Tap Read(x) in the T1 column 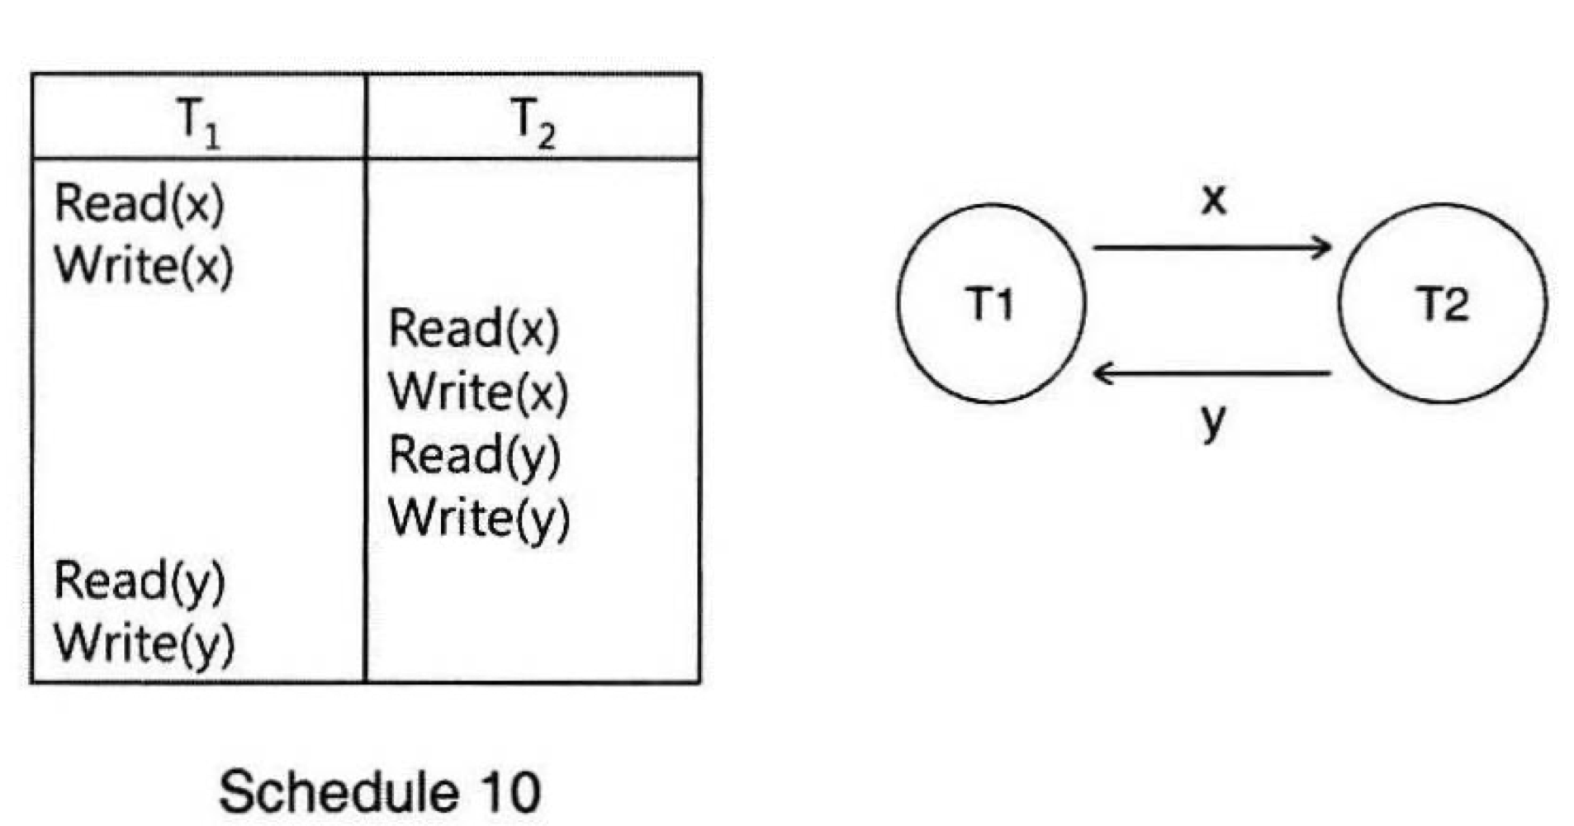(139, 203)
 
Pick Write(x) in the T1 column (144, 266)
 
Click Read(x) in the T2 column (474, 329)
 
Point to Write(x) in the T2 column (478, 392)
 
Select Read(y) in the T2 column (474, 455)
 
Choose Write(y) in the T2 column (479, 518)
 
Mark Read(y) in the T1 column (139, 581)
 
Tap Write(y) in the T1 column (144, 643)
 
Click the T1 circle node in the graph (991, 304)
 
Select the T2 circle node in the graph (1442, 304)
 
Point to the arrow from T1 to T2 (1211, 247)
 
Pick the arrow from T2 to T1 (1211, 374)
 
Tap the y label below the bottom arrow (1212, 421)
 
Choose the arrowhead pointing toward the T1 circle (1102, 374)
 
